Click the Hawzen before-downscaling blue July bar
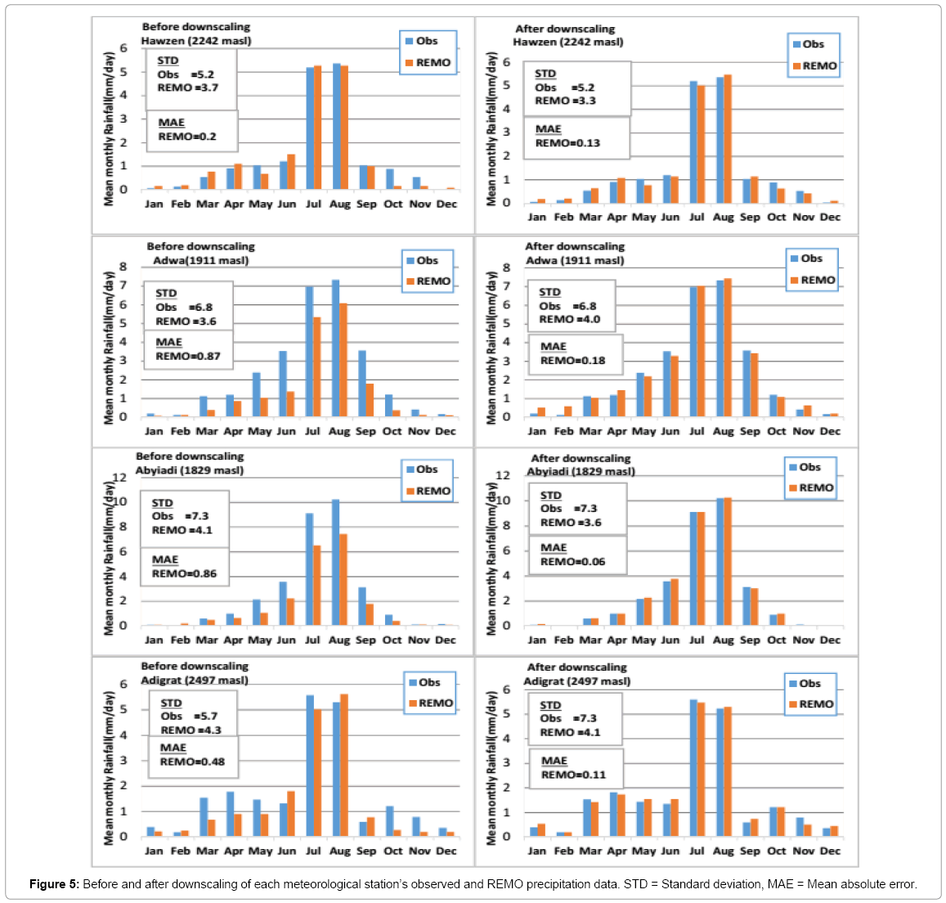click(310, 128)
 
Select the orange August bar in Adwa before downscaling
click(343, 360)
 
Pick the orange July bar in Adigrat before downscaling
click(317, 773)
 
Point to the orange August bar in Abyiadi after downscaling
click(728, 561)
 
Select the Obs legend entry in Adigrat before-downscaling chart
click(424, 683)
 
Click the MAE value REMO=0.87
click(187, 356)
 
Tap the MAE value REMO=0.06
click(572, 561)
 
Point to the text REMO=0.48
click(192, 761)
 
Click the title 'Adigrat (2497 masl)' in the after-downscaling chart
click(576, 681)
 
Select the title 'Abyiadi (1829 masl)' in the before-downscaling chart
click(190, 470)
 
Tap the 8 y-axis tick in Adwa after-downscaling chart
click(506, 267)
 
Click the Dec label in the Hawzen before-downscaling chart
click(446, 204)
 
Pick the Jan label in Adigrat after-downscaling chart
click(537, 851)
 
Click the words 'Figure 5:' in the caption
click(54, 884)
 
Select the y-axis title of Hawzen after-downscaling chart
click(492, 128)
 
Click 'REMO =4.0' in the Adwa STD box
click(570, 319)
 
